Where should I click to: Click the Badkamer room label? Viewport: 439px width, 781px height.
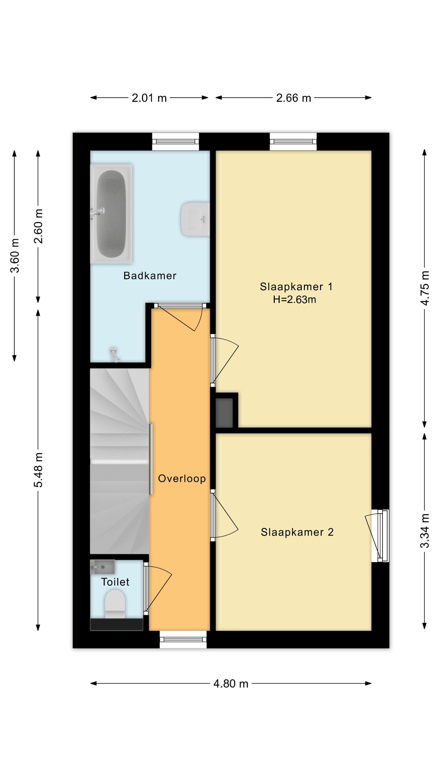(x=150, y=275)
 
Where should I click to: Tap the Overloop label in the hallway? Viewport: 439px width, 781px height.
(x=182, y=478)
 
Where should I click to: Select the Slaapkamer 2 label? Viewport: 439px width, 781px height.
(x=297, y=532)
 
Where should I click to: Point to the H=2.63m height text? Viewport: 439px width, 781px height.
(x=294, y=300)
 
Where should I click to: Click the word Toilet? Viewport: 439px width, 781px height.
(x=115, y=582)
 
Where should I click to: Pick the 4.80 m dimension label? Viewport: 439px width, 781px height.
(x=231, y=684)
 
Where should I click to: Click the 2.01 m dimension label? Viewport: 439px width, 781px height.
(x=149, y=98)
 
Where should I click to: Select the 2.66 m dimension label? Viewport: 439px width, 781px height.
(x=294, y=98)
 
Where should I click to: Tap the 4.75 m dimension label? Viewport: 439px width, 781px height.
(x=425, y=288)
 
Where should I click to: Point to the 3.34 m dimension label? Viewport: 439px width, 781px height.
(x=425, y=531)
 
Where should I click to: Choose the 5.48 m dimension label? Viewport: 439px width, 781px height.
(x=38, y=470)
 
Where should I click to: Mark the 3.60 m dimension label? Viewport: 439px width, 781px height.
(x=15, y=255)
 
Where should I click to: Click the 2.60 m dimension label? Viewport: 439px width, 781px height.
(x=38, y=226)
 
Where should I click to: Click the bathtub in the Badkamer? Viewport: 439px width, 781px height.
(x=111, y=214)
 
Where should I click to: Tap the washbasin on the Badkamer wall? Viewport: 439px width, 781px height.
(x=195, y=219)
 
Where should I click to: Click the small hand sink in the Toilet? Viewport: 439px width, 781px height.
(x=102, y=567)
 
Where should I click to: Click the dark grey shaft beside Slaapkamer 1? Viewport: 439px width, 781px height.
(x=224, y=413)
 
